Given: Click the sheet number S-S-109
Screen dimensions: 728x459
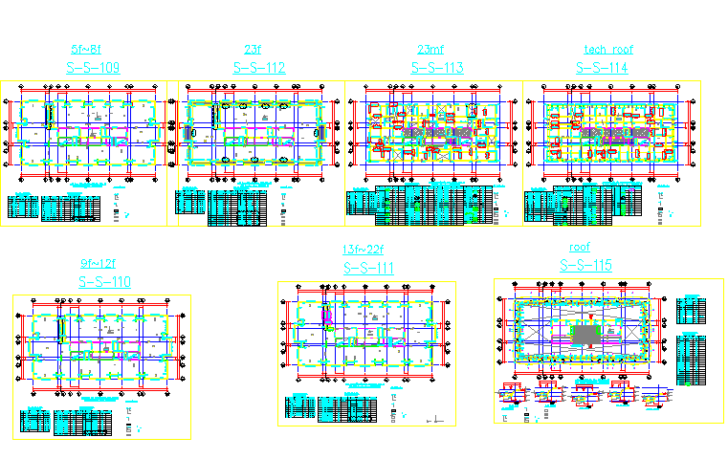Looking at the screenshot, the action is click(x=93, y=68).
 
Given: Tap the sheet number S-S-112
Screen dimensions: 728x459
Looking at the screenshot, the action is click(x=259, y=68).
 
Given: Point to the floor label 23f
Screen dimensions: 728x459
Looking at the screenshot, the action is click(x=253, y=49).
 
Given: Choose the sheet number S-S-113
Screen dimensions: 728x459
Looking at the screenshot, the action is click(x=437, y=68).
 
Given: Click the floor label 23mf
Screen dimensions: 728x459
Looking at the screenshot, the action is click(x=430, y=49).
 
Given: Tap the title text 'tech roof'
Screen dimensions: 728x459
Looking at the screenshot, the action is click(x=608, y=49).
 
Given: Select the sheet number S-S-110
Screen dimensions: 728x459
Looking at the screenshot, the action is click(x=104, y=281).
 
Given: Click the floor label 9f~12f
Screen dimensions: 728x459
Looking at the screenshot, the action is click(x=99, y=263).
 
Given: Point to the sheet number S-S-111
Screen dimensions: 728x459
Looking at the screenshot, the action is click(x=367, y=269).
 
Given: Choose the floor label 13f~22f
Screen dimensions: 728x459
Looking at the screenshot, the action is click(x=363, y=251).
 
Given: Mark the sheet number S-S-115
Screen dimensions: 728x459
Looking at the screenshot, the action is click(x=585, y=266).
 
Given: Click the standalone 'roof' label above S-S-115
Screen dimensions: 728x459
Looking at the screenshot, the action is click(x=580, y=248).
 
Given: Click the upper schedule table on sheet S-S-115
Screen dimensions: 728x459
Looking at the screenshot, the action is click(x=690, y=312).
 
